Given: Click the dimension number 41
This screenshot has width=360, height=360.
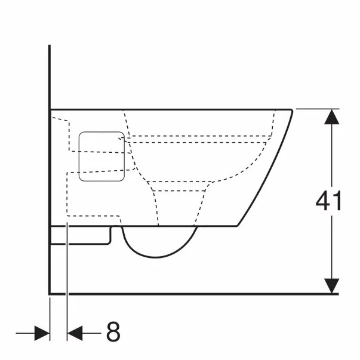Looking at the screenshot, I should tap(328, 201).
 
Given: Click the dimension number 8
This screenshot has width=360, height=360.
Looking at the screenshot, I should tap(112, 332).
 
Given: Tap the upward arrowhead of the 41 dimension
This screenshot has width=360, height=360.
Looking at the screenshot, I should tap(331, 116).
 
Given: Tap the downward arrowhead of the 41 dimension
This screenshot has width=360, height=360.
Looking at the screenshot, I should tap(331, 286).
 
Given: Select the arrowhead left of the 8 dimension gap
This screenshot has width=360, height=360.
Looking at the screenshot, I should tap(41, 333).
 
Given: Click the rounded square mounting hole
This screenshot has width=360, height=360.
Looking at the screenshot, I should tap(101, 156).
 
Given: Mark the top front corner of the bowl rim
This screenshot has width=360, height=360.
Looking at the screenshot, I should tap(292, 110).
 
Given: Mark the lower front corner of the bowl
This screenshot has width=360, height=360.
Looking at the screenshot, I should tap(239, 227).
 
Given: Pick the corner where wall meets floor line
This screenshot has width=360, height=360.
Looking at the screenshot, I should tap(49, 294).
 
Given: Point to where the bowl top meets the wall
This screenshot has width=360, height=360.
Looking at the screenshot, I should tap(50, 109).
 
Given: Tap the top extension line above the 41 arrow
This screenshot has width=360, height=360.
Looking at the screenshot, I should tap(316, 109).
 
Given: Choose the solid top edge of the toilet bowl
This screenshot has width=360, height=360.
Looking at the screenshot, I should tap(179, 109).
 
